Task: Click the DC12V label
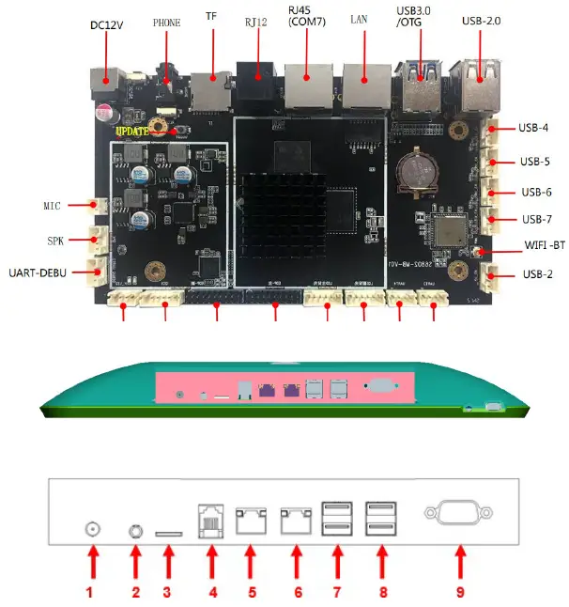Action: pos(108,25)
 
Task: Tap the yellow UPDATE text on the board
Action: pos(132,132)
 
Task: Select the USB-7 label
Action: pos(536,220)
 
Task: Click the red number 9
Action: pos(459,593)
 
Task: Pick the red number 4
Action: pos(212,593)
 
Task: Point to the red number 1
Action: pos(91,593)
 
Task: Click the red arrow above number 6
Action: pos(297,564)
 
